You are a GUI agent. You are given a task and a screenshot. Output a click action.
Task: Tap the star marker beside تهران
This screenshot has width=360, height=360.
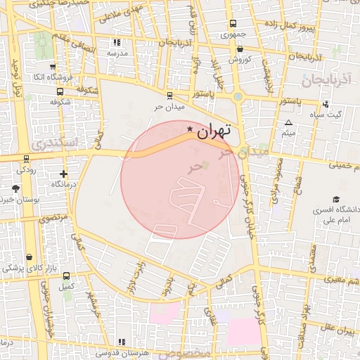pyautogui.click(x=190, y=128)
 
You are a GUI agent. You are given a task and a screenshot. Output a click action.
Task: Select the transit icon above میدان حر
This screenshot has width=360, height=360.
pyautogui.click(x=169, y=96)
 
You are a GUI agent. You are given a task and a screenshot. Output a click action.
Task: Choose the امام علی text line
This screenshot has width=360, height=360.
pyautogui.click(x=336, y=220)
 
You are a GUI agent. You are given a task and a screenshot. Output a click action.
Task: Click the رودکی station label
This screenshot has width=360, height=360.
pyautogui.click(x=26, y=169)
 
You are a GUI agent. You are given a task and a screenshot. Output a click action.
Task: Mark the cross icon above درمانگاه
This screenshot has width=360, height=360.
pyautogui.click(x=64, y=173)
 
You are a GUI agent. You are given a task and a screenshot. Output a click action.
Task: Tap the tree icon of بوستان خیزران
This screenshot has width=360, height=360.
pyautogui.click(x=16, y=188)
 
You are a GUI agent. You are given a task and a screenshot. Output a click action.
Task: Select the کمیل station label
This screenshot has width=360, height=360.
pyautogui.click(x=67, y=286)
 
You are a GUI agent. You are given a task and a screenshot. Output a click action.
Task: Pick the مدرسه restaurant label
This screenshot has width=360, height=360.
pyautogui.click(x=116, y=53)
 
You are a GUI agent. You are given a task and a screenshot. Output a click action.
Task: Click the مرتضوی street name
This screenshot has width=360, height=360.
pyautogui.click(x=55, y=219)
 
